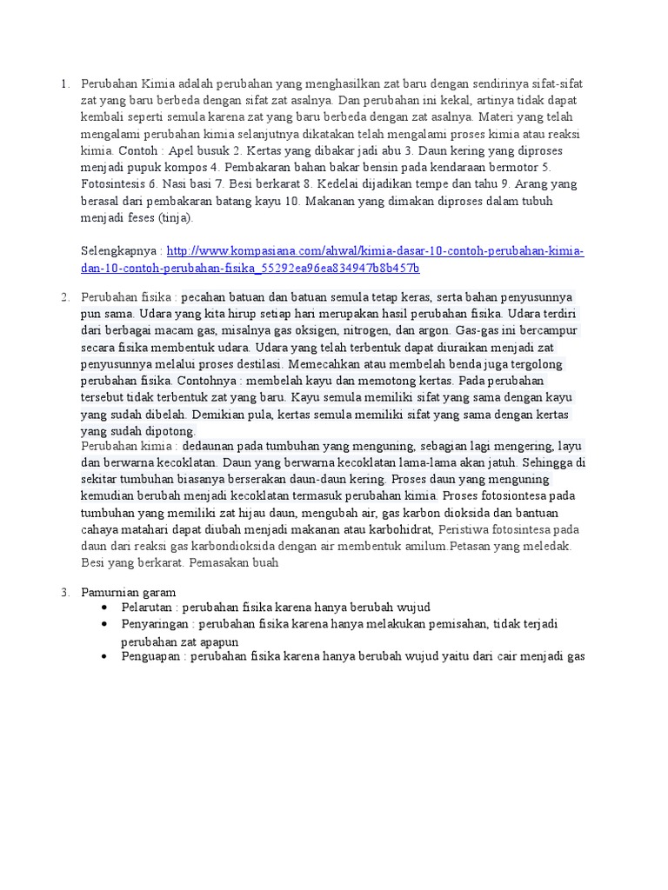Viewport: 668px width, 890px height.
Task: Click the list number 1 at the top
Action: pyautogui.click(x=64, y=84)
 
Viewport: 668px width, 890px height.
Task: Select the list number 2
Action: pyautogui.click(x=64, y=297)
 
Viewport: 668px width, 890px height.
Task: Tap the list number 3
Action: pyautogui.click(x=64, y=592)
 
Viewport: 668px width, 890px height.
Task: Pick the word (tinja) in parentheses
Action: pyautogui.click(x=174, y=218)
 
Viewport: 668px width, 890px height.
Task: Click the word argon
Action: pyautogui.click(x=434, y=330)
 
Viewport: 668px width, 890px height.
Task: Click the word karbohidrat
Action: pyautogui.click(x=404, y=529)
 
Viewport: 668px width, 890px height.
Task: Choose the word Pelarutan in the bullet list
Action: pyautogui.click(x=148, y=607)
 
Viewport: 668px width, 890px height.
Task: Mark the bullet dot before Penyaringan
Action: pyautogui.click(x=104, y=624)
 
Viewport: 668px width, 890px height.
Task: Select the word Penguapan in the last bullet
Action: pyautogui.click(x=151, y=657)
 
